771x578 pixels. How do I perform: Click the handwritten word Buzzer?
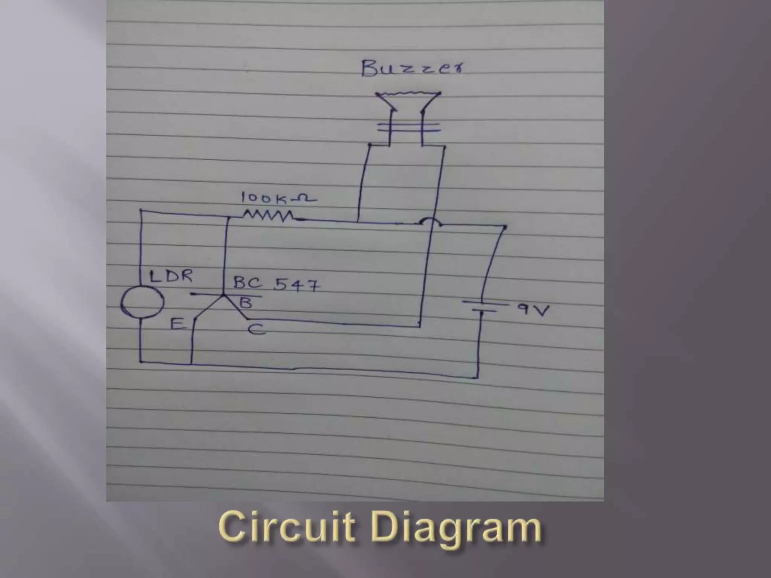click(412, 68)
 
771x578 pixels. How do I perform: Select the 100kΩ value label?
click(278, 198)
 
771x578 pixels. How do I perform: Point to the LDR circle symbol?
click(142, 302)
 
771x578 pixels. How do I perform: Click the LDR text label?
click(171, 277)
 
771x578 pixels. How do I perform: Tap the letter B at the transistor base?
click(246, 302)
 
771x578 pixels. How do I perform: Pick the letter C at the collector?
click(257, 330)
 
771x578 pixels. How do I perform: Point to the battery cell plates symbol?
click(485, 307)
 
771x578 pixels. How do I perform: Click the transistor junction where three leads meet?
click(223, 295)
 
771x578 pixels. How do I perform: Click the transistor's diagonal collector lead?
click(236, 307)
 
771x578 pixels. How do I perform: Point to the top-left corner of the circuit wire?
click(141, 210)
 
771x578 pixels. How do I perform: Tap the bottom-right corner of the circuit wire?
click(477, 377)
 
